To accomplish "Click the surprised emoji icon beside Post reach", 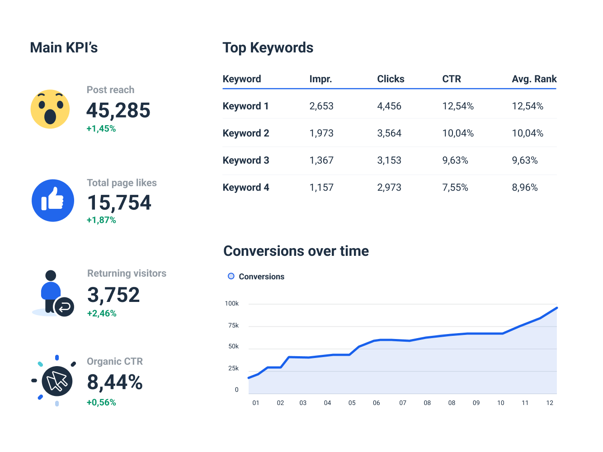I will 50,109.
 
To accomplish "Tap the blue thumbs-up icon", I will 53,201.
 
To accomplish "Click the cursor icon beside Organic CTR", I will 57,381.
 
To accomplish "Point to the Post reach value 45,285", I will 118,110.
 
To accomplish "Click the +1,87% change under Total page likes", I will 101,220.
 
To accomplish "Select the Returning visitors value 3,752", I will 113,295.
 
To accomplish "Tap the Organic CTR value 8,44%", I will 115,382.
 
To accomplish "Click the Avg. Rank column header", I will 534,79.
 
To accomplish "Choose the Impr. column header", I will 320,79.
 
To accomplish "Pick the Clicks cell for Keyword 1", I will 389,106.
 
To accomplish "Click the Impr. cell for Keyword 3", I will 321,160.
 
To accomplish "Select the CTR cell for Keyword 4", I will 455,188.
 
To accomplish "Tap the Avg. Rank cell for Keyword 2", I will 528,133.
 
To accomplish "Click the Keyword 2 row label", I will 246,133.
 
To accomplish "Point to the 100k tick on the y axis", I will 232,304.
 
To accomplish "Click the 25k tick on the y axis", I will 233,368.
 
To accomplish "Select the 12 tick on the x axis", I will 550,403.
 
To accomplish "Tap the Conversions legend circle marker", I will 231,276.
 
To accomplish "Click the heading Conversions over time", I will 296,251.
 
